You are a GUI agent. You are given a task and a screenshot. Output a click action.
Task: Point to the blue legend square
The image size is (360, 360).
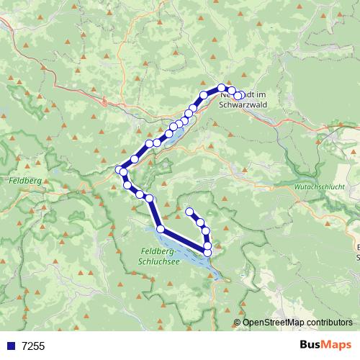point(10,346)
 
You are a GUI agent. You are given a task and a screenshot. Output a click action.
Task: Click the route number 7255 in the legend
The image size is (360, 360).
point(33,346)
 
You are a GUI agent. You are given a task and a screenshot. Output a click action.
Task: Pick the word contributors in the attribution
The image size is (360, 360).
point(328,323)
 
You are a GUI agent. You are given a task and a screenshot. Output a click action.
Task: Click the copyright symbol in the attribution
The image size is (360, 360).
point(238,323)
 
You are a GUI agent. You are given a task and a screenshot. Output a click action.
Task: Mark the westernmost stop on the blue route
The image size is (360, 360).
point(120,170)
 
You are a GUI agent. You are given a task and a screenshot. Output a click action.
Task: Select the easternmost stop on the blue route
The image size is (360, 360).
point(243,94)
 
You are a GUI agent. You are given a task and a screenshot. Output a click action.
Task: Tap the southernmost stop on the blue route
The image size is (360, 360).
point(208,252)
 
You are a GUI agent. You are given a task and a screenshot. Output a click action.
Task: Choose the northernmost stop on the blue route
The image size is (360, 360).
point(222,88)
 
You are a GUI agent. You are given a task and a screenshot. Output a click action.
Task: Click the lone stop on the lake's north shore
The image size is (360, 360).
point(161,229)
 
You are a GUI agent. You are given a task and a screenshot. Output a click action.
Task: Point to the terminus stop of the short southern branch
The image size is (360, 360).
point(190,212)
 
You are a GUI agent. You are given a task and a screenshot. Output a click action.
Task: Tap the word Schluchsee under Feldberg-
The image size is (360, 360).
point(158,262)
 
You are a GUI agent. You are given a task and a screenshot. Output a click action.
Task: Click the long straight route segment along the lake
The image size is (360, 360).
point(184,240)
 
